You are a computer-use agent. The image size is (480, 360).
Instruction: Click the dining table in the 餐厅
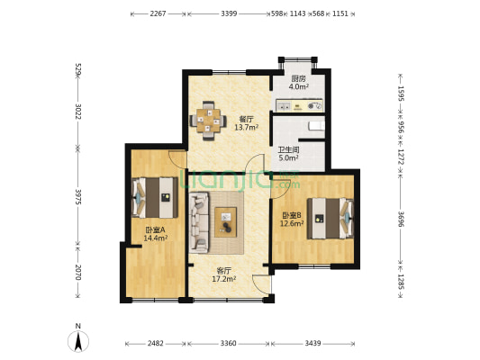(x=208, y=121)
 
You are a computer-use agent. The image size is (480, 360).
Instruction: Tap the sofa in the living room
(x=199, y=222)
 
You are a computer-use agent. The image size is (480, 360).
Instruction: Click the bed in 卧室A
(x=155, y=198)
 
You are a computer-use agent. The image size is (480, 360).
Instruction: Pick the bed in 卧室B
(x=331, y=219)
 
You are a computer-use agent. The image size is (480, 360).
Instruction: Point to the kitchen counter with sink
(x=299, y=105)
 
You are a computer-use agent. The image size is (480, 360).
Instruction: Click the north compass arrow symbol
(x=78, y=342)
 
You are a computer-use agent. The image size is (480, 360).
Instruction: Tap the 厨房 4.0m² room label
(x=298, y=83)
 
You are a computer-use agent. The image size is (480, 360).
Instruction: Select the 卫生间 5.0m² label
(x=288, y=154)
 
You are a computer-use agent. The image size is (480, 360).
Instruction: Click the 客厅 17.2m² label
(x=223, y=274)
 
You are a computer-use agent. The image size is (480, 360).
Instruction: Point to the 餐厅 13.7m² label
(x=247, y=123)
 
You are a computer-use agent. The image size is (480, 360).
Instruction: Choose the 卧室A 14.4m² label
(x=156, y=234)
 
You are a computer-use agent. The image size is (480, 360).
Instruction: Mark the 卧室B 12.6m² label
(x=292, y=220)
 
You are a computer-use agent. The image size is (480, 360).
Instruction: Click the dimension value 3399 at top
(x=229, y=13)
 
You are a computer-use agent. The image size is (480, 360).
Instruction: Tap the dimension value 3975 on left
(x=78, y=197)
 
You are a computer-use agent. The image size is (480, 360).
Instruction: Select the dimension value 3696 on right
(x=401, y=219)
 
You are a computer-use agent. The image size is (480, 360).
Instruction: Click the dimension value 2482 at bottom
(x=156, y=344)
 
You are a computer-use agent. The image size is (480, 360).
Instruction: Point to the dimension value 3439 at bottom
(x=312, y=344)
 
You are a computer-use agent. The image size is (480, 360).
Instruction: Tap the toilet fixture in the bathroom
(x=316, y=126)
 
